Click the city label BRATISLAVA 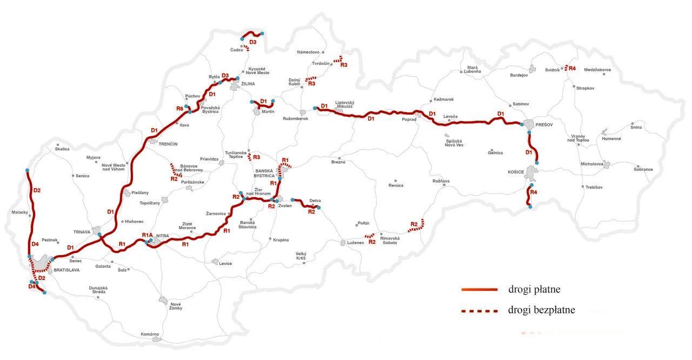tap(66, 269)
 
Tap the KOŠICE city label tap(517, 171)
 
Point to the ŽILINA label tap(248, 84)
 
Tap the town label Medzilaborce tap(597, 70)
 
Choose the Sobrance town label tap(643, 169)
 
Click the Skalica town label tap(62, 149)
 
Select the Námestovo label tap(308, 52)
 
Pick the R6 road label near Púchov tap(180, 109)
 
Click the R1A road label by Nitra tap(148, 235)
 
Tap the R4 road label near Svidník tap(572, 69)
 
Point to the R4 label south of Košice tap(534, 192)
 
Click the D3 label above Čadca tap(252, 42)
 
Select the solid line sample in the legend tap(479, 290)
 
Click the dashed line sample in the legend tap(479, 311)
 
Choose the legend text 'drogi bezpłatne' tap(541, 310)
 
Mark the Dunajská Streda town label tap(98, 290)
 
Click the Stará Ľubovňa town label tap(472, 69)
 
